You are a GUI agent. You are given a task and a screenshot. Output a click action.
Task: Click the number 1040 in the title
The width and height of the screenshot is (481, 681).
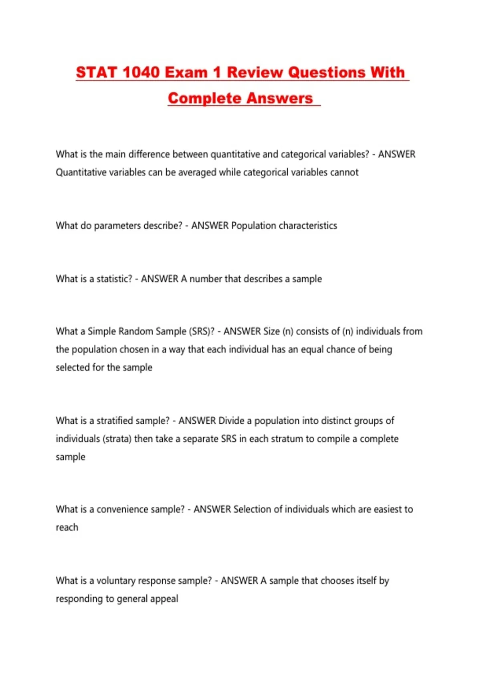pos(141,73)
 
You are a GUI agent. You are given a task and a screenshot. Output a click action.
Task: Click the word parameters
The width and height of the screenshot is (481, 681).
pos(117,226)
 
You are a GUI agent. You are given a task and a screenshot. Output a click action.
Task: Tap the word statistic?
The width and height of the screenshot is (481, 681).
pos(114,279)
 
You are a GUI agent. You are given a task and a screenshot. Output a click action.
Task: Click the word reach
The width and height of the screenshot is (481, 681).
pos(67,527)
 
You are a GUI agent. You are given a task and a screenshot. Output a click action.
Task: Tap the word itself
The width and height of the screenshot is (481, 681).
pos(360,581)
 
